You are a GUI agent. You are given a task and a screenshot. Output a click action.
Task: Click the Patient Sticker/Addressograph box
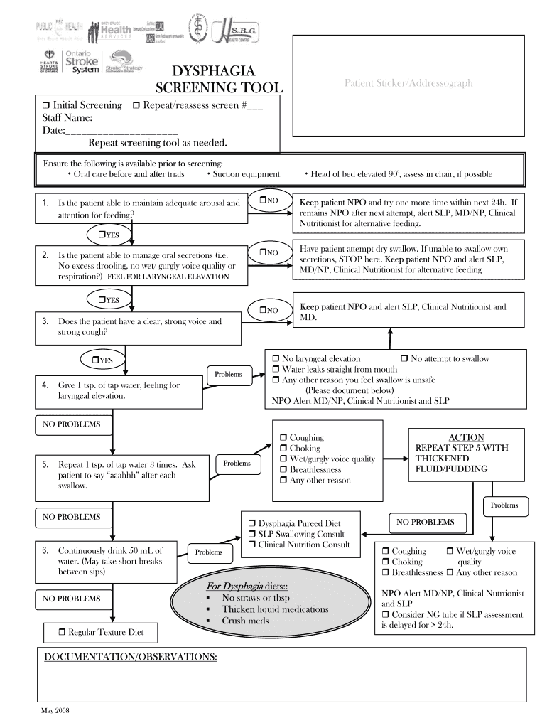click(408, 83)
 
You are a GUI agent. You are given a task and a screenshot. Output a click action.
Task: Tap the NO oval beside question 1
click(268, 202)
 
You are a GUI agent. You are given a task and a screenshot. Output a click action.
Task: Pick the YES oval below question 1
click(108, 234)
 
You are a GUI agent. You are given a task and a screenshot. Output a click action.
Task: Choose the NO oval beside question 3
click(268, 309)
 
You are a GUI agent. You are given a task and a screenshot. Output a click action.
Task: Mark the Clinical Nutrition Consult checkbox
click(252, 545)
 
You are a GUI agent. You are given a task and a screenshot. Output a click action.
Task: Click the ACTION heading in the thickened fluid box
click(466, 437)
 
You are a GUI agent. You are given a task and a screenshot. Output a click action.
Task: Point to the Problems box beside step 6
click(208, 552)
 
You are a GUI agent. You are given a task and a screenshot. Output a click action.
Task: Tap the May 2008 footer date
click(55, 712)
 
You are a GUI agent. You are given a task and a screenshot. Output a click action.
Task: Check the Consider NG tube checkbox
click(386, 614)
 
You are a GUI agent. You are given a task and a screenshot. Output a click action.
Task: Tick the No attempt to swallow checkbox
click(405, 359)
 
